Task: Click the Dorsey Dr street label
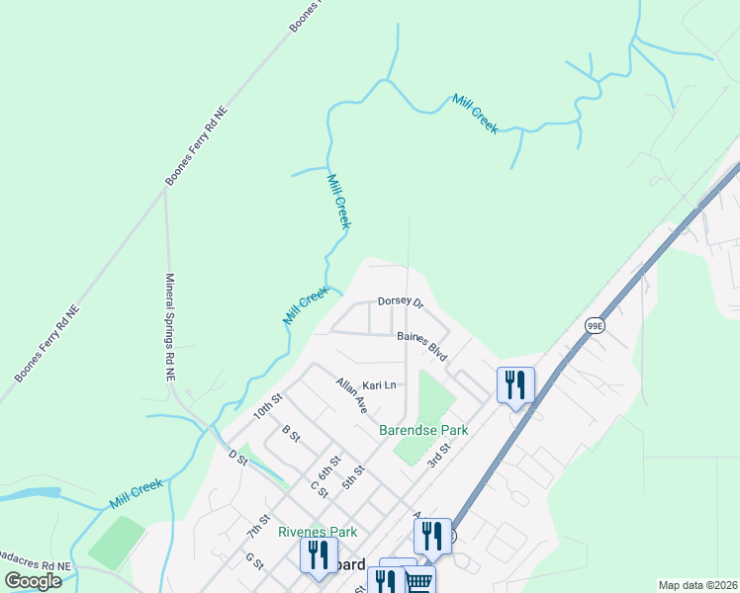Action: pyautogui.click(x=401, y=302)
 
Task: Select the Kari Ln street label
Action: pyautogui.click(x=379, y=384)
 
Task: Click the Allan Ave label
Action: pyautogui.click(x=351, y=395)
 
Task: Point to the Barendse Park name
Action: pyautogui.click(x=423, y=430)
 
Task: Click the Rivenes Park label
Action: pyautogui.click(x=317, y=532)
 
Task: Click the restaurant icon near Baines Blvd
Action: pyautogui.click(x=515, y=383)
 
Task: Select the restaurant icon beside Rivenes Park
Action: pyautogui.click(x=319, y=554)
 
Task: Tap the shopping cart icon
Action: pyautogui.click(x=420, y=582)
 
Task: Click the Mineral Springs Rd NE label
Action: pyautogui.click(x=169, y=328)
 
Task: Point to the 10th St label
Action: pyautogui.click(x=268, y=405)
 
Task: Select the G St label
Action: pyautogui.click(x=254, y=561)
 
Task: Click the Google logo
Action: pyautogui.click(x=33, y=580)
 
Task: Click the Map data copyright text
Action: pyautogui.click(x=697, y=585)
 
